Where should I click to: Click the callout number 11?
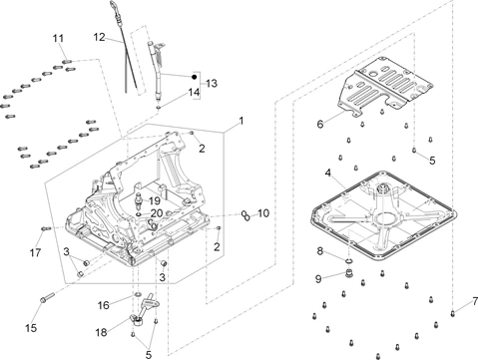click(x=58, y=38)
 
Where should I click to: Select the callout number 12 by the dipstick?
click(x=99, y=37)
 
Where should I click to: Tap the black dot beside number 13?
click(x=195, y=77)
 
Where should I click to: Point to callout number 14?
click(x=194, y=92)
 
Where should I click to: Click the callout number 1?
click(x=241, y=121)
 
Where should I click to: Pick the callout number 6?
click(x=320, y=125)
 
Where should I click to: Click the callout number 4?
click(x=328, y=173)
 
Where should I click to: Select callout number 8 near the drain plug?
click(x=320, y=251)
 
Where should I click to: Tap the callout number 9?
click(x=318, y=279)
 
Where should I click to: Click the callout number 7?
click(x=475, y=301)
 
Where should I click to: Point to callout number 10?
click(x=263, y=213)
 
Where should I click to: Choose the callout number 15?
click(x=31, y=328)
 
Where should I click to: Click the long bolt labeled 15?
click(x=47, y=297)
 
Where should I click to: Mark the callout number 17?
click(x=35, y=252)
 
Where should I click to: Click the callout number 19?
click(x=155, y=200)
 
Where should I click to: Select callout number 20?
click(x=157, y=213)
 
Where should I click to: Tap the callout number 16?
click(x=104, y=305)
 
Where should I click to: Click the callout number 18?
click(x=102, y=332)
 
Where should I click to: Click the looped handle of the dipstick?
click(x=114, y=6)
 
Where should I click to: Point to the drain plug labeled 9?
click(x=348, y=274)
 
